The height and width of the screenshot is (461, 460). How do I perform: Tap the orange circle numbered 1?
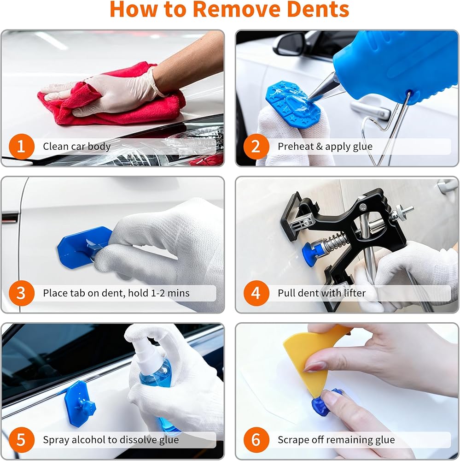point(22,147)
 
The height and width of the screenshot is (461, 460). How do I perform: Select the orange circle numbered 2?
point(256,147)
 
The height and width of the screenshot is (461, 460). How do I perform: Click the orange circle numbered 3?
point(22,293)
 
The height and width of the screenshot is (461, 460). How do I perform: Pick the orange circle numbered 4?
point(256,293)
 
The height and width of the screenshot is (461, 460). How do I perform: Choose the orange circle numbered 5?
point(22,440)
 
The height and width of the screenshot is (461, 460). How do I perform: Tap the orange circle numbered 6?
point(256,440)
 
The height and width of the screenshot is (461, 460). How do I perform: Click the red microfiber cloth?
point(111,97)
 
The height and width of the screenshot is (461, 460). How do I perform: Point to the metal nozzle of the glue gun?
point(323,87)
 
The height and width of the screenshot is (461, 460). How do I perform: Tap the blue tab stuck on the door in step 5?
point(79,403)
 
